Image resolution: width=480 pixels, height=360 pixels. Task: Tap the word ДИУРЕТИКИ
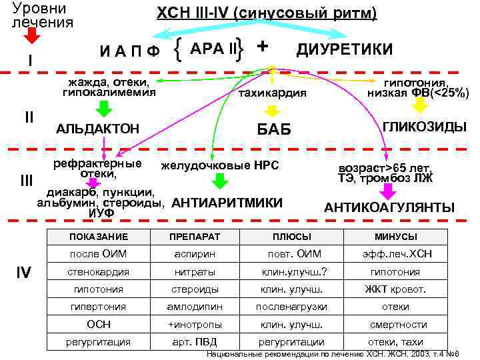coord(344,49)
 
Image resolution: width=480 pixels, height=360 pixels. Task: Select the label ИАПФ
coord(129,52)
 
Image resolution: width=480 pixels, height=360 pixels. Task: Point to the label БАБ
coord(274,129)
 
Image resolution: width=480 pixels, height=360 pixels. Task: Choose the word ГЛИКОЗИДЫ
coord(424,126)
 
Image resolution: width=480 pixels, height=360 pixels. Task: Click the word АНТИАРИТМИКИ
coord(227,202)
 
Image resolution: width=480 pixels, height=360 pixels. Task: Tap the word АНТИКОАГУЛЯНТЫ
coord(389,208)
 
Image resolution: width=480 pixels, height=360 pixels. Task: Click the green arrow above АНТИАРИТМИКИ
coord(222,181)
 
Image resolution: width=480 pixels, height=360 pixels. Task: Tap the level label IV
coord(24,272)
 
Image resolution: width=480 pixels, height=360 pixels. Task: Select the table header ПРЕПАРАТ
coord(189,237)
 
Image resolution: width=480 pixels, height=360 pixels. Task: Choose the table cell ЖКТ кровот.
coord(395,290)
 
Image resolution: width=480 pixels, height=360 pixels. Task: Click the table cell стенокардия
coord(99,272)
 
